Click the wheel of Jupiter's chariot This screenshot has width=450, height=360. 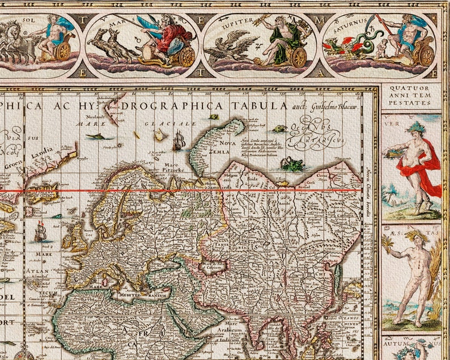pyautogui.click(x=298, y=57)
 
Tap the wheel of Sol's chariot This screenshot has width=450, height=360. pyautogui.click(x=63, y=50)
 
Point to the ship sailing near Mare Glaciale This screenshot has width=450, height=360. pyautogui.click(x=179, y=139)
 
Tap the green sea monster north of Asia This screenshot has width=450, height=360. pyautogui.click(x=291, y=164)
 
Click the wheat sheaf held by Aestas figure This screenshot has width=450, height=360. pyautogui.click(x=388, y=244)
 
